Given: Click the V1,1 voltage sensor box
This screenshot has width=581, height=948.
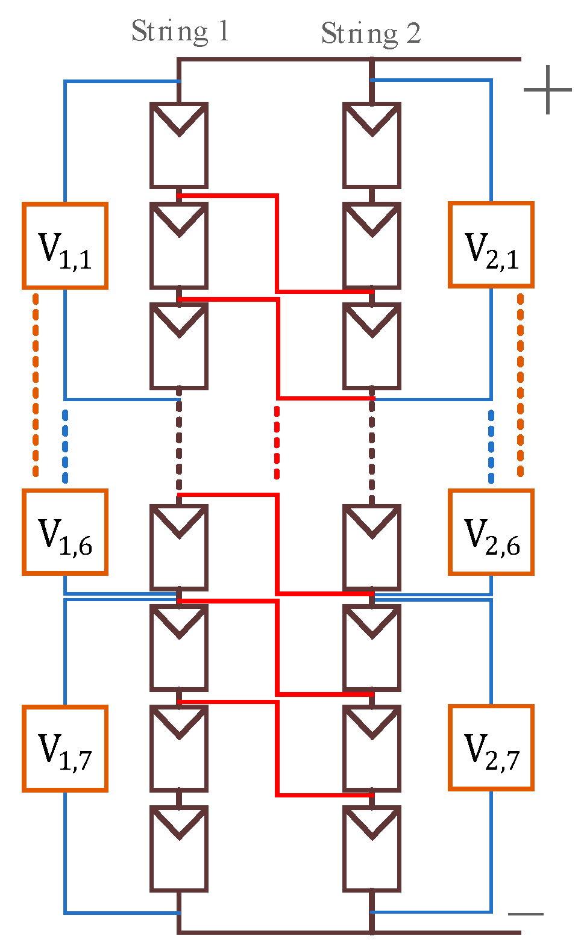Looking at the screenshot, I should click(x=65, y=246).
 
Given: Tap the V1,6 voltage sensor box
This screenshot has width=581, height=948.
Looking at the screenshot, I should click(x=65, y=532).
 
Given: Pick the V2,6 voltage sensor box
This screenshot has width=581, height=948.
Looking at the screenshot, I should click(x=491, y=532).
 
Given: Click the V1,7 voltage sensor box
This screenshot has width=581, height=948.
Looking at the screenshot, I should click(x=65, y=748).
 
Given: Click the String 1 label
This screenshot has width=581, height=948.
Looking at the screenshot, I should click(x=180, y=31).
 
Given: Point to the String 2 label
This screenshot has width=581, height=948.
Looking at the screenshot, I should click(x=371, y=33).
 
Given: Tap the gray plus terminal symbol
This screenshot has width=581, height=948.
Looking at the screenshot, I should click(x=547, y=90).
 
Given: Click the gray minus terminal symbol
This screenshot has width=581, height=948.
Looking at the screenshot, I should click(x=526, y=914).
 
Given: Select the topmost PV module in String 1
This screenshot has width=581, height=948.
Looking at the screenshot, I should click(x=179, y=146).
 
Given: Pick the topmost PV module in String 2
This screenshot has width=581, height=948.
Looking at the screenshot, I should click(x=372, y=146).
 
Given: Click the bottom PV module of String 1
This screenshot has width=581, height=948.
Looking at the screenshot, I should click(x=179, y=849).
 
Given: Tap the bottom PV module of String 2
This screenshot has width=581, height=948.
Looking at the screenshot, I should click(x=372, y=849).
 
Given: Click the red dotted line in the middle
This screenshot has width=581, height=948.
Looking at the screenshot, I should click(x=277, y=443).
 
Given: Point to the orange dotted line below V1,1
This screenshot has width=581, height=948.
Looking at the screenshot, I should click(x=36, y=385).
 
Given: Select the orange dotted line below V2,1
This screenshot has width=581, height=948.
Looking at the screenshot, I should click(x=521, y=385).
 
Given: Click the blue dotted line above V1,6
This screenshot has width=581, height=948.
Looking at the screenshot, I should click(x=65, y=446).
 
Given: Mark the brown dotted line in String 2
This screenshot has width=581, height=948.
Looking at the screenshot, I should click(x=372, y=446).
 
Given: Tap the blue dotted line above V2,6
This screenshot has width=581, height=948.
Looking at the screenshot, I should click(x=491, y=446).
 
